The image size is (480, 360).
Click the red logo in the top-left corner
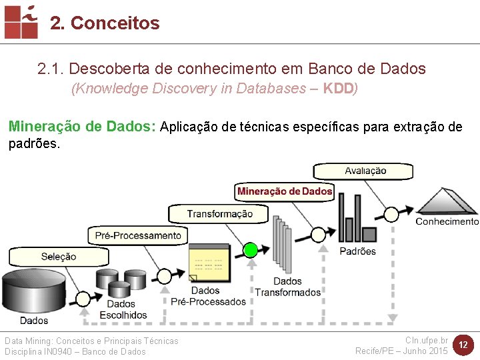(x=21, y=21)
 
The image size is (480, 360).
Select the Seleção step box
(x=59, y=257)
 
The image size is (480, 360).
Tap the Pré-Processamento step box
(x=137, y=235)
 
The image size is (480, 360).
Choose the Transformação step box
(x=219, y=213)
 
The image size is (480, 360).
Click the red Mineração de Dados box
(x=285, y=191)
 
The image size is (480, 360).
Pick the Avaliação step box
(x=365, y=171)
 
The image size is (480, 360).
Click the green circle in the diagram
(x=251, y=250)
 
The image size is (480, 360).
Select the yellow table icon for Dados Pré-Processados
(x=209, y=264)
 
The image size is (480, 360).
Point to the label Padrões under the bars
(x=357, y=251)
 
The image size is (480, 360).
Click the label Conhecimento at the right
(x=447, y=221)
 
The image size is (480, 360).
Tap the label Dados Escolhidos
(x=123, y=309)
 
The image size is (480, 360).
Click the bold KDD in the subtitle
(x=338, y=89)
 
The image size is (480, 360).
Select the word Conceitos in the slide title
(x=115, y=23)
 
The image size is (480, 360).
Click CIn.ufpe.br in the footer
(x=427, y=340)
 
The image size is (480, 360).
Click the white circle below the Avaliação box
(x=391, y=213)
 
